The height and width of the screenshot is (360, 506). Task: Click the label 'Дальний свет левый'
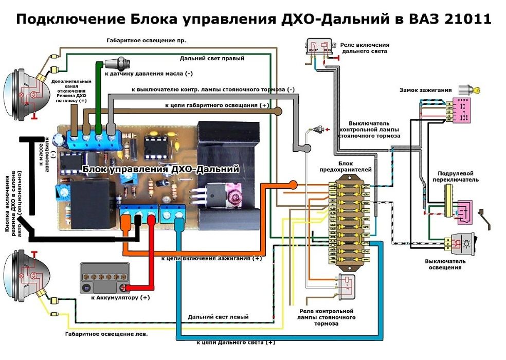click(218, 317)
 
